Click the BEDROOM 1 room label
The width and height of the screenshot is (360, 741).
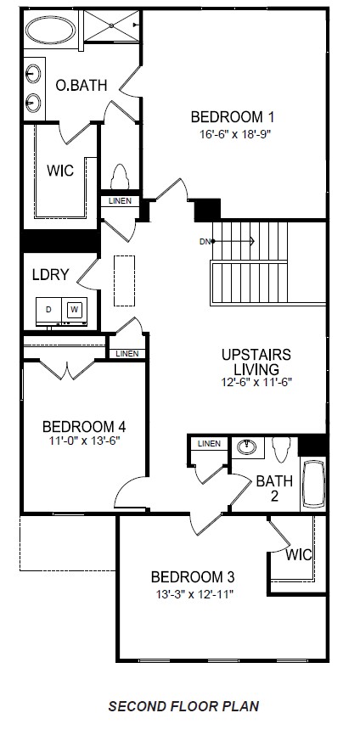pyautogui.click(x=232, y=117)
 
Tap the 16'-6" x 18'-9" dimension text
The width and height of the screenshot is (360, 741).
pyautogui.click(x=232, y=134)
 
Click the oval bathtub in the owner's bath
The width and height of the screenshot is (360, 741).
pyautogui.click(x=51, y=31)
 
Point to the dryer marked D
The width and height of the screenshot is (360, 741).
pyautogui.click(x=49, y=311)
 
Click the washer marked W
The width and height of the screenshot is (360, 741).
pyautogui.click(x=74, y=311)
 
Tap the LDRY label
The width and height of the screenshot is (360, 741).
pyautogui.click(x=49, y=275)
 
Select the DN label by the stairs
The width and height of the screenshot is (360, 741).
pyautogui.click(x=205, y=242)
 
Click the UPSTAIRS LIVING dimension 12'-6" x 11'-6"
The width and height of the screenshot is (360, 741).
pyautogui.click(x=256, y=383)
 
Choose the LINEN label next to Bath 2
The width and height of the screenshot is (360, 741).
pyautogui.click(x=209, y=444)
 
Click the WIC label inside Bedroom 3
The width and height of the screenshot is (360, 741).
pyautogui.click(x=298, y=554)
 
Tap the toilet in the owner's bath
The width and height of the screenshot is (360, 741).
pyautogui.click(x=119, y=176)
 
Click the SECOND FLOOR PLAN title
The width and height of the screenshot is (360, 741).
pyautogui.click(x=183, y=705)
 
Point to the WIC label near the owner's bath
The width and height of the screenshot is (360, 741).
pyautogui.click(x=60, y=171)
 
